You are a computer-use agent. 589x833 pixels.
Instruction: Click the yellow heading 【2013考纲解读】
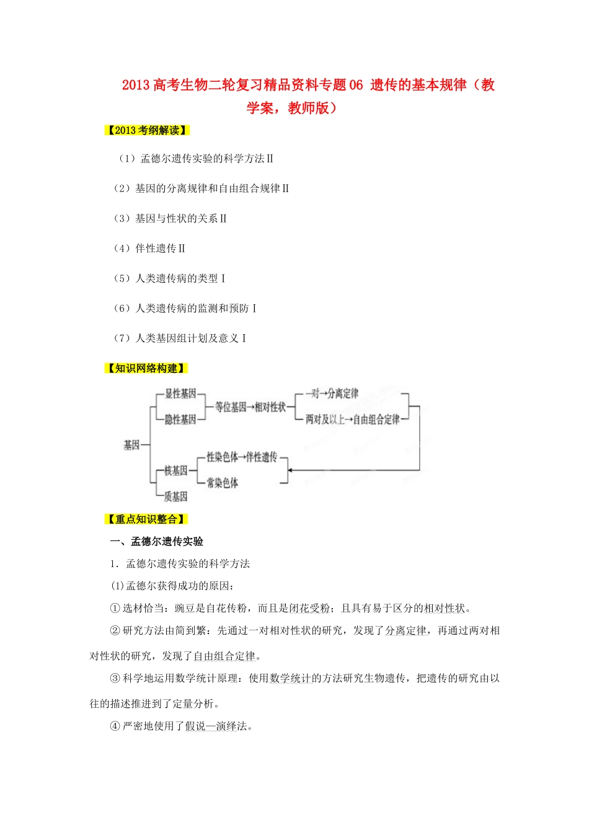(146, 130)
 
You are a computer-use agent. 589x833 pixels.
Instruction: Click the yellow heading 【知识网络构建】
(146, 368)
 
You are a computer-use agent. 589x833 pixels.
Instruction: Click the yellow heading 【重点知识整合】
(146, 519)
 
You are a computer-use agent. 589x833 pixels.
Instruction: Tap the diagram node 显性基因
(180, 394)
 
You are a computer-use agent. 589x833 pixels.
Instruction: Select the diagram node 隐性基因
(180, 420)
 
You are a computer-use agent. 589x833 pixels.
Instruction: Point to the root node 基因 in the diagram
(131, 444)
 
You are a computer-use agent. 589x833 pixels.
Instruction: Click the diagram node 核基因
(175, 470)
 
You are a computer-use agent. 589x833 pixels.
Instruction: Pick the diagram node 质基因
(175, 496)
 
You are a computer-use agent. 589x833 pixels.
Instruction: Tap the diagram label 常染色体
(223, 483)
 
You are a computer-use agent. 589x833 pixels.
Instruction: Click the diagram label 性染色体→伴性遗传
(242, 457)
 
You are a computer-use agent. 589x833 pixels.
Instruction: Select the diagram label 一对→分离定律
(332, 394)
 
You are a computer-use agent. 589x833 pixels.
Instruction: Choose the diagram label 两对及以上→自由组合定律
(352, 420)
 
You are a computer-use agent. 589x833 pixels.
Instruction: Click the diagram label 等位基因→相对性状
(250, 407)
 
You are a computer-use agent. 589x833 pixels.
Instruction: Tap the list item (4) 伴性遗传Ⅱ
(149, 249)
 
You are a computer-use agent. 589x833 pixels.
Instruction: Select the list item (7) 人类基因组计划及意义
(180, 338)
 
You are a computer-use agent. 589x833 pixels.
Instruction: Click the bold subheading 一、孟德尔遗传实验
(157, 541)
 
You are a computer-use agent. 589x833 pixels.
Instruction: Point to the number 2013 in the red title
(136, 86)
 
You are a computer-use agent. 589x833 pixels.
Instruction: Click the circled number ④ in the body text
(115, 726)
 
